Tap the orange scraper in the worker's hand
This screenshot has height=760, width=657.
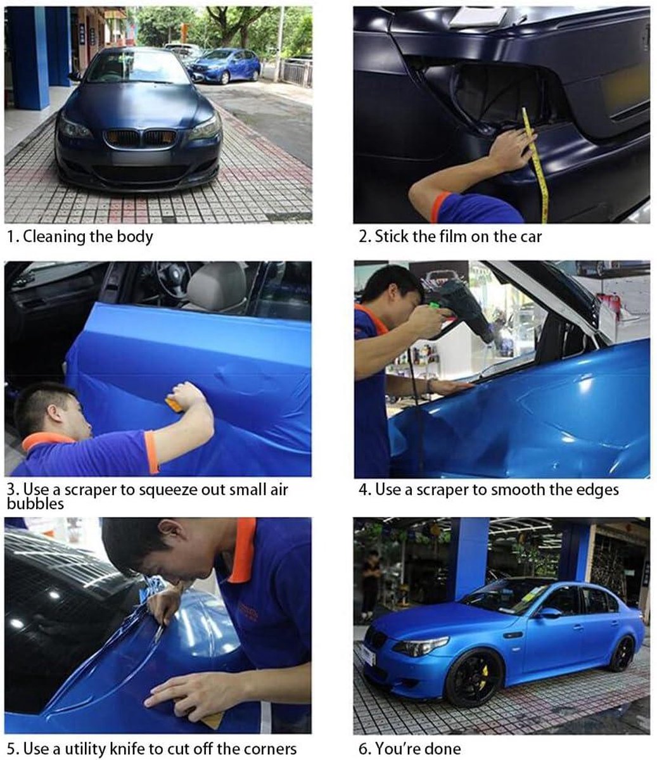[174, 404]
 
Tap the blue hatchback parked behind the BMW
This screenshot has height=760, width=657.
[225, 65]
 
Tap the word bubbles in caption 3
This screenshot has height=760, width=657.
[35, 503]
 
